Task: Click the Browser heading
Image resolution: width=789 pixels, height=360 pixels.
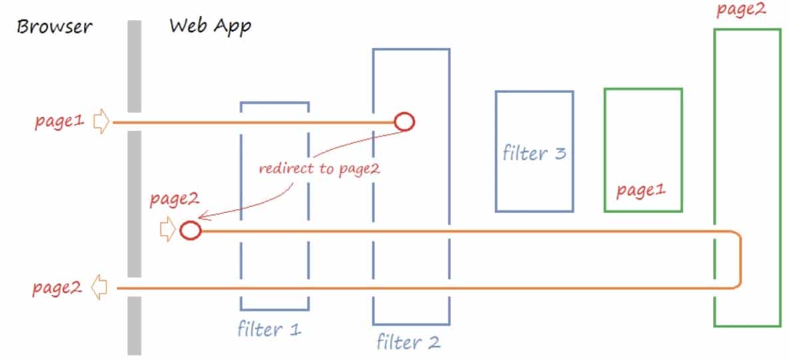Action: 55,27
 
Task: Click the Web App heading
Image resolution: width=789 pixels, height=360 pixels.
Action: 210,27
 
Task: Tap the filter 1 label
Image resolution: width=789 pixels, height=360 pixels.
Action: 269,329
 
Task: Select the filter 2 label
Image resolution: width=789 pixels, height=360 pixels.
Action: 408,343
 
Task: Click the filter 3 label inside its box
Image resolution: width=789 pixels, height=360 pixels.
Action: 534,153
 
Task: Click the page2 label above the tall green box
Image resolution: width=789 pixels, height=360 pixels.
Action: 741,10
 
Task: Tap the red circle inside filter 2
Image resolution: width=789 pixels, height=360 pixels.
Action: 404,122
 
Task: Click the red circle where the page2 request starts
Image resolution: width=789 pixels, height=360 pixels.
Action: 190,230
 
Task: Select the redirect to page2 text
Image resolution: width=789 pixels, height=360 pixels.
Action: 319,168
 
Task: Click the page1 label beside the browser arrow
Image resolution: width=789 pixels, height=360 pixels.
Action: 60,122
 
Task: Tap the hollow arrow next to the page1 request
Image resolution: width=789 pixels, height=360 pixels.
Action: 100,122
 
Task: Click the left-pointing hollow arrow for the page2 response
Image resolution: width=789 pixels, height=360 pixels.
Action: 99,287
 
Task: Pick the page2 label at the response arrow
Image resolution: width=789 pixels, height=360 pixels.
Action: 57,288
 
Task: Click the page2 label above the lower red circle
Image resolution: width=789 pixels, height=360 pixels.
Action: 174,199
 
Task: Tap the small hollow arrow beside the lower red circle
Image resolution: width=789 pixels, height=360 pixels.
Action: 168,230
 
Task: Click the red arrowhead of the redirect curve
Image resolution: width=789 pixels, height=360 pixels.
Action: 203,217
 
